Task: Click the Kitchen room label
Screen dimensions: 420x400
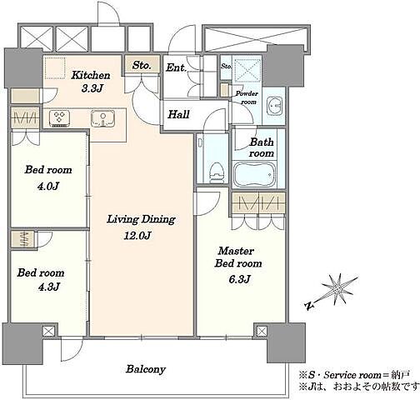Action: (x=91, y=75)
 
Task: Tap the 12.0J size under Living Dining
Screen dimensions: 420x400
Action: (x=137, y=236)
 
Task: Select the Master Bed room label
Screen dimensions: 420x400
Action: (x=238, y=257)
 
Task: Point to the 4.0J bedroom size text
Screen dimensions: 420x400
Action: (x=48, y=186)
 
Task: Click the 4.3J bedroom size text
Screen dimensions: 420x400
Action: (x=49, y=287)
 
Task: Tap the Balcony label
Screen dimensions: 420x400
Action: (x=146, y=369)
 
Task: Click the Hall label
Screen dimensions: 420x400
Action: (x=179, y=114)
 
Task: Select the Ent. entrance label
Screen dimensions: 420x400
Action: (x=176, y=67)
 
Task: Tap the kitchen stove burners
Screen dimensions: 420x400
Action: (x=59, y=118)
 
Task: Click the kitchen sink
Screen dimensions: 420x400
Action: (x=102, y=118)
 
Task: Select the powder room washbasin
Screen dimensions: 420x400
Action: (x=274, y=107)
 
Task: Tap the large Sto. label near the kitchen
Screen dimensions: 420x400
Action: (x=142, y=65)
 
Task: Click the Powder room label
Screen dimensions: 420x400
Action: (x=247, y=97)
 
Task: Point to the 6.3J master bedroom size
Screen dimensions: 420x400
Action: (x=239, y=279)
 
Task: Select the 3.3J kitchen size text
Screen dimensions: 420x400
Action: (x=92, y=88)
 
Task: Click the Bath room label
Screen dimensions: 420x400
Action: (x=261, y=147)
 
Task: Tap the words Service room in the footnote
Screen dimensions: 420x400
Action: (x=352, y=375)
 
